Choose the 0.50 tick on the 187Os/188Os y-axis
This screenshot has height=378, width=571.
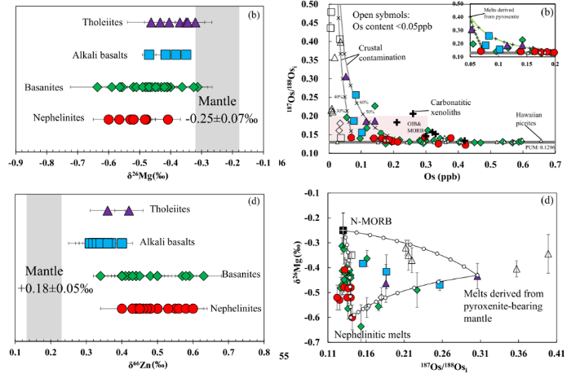point(309,4)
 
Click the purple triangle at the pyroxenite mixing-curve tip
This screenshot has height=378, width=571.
point(478,276)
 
